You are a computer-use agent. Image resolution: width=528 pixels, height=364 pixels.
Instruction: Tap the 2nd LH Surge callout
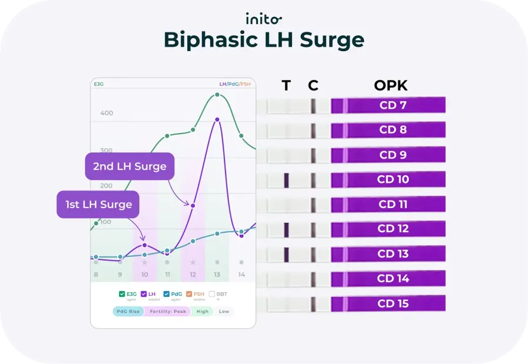pos(130,166)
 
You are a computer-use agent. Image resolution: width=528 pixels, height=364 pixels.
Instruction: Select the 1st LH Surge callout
pos(98,205)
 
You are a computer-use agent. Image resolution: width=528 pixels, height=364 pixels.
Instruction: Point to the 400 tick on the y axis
pos(106,113)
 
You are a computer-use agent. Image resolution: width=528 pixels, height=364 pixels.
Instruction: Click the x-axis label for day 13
pos(217,275)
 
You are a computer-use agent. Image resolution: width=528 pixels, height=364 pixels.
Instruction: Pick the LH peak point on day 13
pos(217,119)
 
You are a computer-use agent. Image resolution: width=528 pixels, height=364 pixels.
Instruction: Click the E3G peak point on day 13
pos(217,95)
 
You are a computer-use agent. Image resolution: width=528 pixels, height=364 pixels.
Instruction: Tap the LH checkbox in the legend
pos(144,293)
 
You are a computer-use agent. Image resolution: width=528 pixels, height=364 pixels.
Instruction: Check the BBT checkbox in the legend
pos(211,293)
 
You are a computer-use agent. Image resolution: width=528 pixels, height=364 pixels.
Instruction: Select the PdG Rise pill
pos(127,311)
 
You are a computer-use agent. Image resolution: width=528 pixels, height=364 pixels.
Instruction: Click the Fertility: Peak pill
pos(167,311)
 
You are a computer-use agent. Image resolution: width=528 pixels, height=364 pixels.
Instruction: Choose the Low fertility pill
pos(224,311)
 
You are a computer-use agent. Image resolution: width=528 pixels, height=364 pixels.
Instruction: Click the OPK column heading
pos(391,85)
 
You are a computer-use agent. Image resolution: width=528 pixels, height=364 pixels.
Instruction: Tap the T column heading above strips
pos(286,85)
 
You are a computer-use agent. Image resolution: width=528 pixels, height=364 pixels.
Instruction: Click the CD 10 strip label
pos(394,179)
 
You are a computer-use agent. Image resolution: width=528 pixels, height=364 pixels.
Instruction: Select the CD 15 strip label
pos(394,303)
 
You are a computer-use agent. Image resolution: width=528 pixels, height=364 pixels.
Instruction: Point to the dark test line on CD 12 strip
pos(287,229)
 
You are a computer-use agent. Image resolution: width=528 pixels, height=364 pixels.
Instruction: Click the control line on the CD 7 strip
pos(313,106)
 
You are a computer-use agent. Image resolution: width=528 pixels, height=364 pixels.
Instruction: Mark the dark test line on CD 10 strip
pos(287,180)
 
